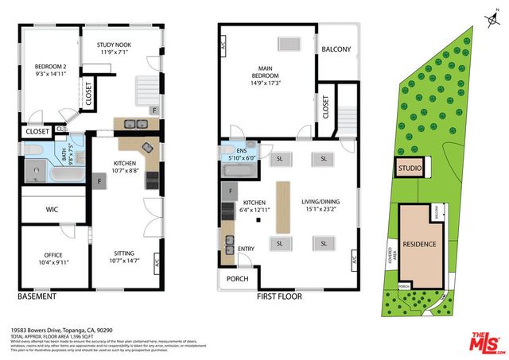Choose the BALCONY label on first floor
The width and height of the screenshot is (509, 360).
click(336, 49)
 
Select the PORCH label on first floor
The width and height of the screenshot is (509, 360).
click(238, 279)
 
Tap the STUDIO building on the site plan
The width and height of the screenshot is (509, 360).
click(410, 168)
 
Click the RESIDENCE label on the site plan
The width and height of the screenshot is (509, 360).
click(420, 243)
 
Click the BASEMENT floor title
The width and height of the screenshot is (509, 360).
click(37, 297)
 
